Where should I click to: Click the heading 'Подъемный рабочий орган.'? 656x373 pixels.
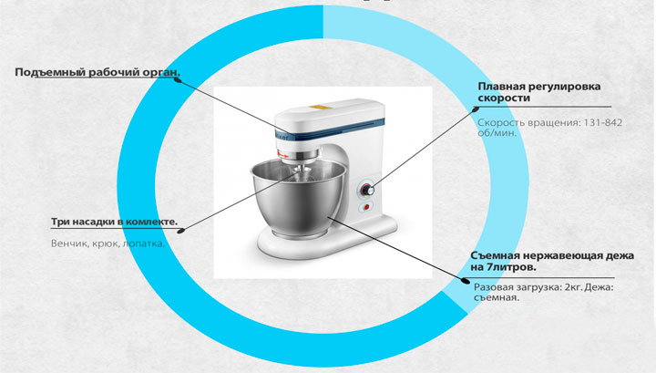pyautogui.click(x=97, y=72)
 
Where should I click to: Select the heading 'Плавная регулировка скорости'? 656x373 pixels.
pyautogui.click(x=539, y=92)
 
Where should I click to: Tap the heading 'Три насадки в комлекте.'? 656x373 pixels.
pyautogui.click(x=114, y=222)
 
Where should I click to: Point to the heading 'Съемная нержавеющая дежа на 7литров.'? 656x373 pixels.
pyautogui.click(x=552, y=261)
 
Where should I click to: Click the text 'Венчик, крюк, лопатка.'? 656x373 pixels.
pyautogui.click(x=108, y=243)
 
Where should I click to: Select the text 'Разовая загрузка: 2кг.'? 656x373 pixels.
pyautogui.click(x=528, y=287)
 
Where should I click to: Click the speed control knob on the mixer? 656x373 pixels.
pyautogui.click(x=367, y=190)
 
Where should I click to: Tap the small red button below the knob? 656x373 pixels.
pyautogui.click(x=366, y=207)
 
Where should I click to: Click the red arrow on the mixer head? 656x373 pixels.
pyautogui.click(x=283, y=155)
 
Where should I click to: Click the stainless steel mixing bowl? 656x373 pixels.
pyautogui.click(x=299, y=197)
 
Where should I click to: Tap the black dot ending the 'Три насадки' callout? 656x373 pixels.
pyautogui.click(x=180, y=230)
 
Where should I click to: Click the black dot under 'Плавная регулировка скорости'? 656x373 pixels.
pyautogui.click(x=476, y=109)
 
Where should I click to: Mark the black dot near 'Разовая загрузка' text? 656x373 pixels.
pyautogui.click(x=466, y=281)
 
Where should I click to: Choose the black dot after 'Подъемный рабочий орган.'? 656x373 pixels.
pyautogui.click(x=178, y=79)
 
